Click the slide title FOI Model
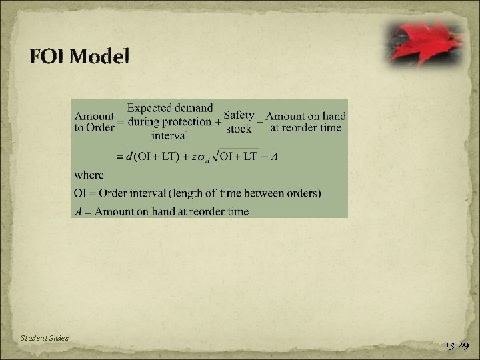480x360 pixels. point(79,57)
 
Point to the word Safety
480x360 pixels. point(239,115)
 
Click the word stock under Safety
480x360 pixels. point(239,128)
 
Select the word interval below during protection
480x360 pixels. point(170,135)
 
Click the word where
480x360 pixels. point(89,175)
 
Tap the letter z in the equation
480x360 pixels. point(194,157)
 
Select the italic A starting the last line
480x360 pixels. point(78,211)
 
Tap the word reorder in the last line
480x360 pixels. point(201,211)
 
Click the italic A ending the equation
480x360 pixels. point(273,157)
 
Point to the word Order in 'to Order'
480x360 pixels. point(101,128)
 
